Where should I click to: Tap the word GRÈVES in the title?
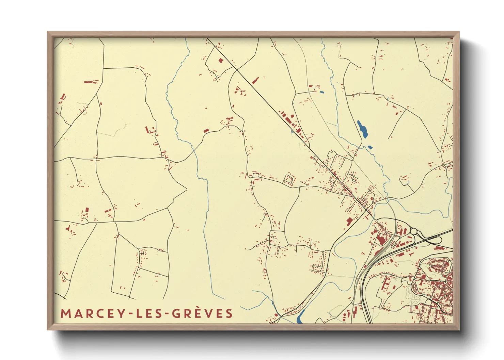click(x=202, y=313)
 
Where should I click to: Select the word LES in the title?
click(x=151, y=313)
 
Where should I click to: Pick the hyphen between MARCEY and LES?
click(x=131, y=314)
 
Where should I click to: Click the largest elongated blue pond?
click(x=362, y=129)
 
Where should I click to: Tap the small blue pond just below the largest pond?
click(x=370, y=147)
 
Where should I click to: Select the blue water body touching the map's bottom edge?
click(x=300, y=318)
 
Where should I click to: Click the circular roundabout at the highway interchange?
click(x=414, y=231)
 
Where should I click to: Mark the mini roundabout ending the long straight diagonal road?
click(x=367, y=211)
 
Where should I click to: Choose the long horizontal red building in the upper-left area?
click(x=89, y=82)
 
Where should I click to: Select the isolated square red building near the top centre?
click(x=221, y=61)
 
